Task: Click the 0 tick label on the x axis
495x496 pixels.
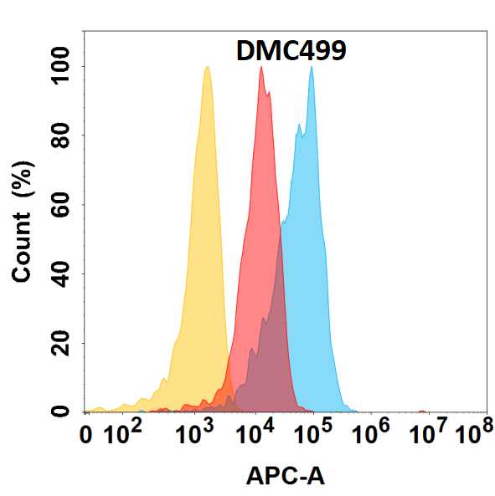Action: (x=85, y=435)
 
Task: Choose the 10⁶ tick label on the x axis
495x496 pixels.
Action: (x=372, y=433)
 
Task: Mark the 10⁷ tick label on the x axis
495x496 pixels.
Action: (x=429, y=433)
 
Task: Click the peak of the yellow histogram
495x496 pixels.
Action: (x=206, y=68)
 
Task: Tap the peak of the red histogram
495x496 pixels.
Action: (x=261, y=68)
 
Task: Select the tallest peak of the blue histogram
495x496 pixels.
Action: (x=312, y=68)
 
